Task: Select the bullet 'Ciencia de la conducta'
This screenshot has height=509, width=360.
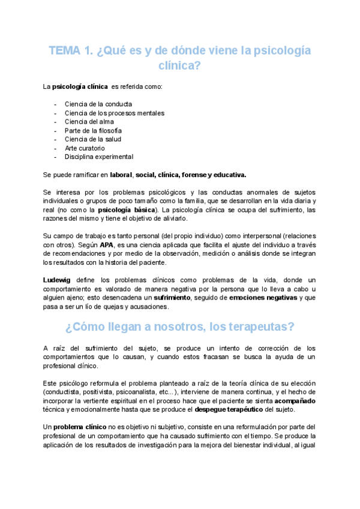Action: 98,104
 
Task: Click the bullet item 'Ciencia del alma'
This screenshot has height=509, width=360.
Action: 89,121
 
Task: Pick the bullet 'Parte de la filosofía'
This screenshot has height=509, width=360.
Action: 93,130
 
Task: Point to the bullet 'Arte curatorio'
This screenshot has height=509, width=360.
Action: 85,148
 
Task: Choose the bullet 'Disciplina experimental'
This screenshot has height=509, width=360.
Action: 99,157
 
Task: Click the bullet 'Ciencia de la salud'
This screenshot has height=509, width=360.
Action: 92,139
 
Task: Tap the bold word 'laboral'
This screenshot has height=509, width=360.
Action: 121,175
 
